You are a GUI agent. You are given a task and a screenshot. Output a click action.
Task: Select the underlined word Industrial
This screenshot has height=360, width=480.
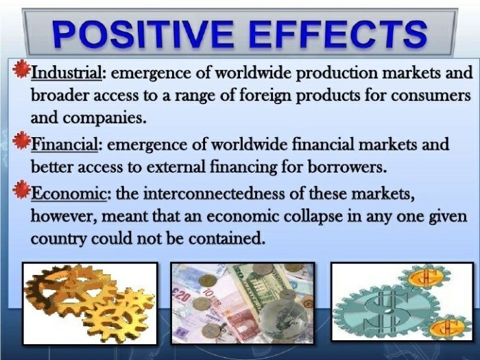point(66,73)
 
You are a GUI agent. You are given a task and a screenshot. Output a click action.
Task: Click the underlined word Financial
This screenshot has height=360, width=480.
point(64,144)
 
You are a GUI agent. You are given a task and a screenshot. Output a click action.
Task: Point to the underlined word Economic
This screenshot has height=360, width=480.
point(69,193)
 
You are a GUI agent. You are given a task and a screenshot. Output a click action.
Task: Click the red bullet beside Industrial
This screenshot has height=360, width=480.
point(21,69)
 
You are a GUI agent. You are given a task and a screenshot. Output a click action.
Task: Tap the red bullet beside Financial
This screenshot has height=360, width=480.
point(21,140)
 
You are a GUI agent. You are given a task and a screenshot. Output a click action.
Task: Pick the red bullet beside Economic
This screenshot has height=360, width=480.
point(21,190)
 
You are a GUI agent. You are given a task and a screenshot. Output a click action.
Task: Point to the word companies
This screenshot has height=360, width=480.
point(104,118)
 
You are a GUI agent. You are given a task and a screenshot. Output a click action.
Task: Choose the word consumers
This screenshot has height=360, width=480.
point(431,96)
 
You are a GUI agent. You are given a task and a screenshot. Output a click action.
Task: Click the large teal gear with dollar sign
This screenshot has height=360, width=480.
point(386,309)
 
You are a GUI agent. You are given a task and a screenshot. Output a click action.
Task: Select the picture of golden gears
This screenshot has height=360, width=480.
point(91,303)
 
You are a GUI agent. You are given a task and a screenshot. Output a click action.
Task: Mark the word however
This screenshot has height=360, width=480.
point(64,217)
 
